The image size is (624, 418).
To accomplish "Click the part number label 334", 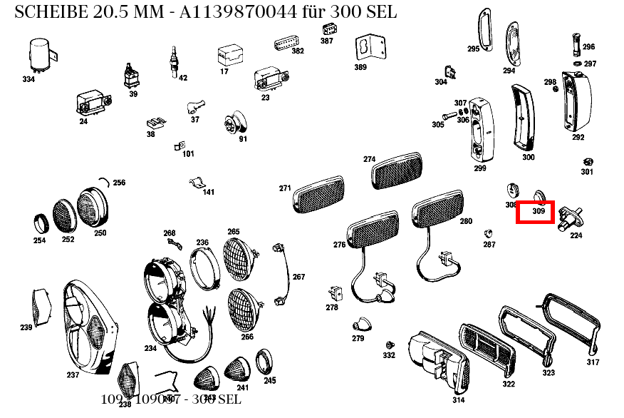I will pos(28,79).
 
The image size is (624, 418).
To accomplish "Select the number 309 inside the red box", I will pos(539,212).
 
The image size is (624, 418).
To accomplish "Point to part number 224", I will pos(576,235).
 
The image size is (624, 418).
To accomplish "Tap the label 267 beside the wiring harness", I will pos(298,277).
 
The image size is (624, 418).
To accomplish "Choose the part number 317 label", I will pos(593,362).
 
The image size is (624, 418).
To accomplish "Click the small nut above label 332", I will pos(389,345).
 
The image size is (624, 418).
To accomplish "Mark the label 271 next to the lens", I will pos(285,188).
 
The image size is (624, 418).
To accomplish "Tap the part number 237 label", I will pos(73,374).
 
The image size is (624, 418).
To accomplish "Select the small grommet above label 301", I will pos(588,162).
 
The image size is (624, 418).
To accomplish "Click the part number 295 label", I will pos(474,49).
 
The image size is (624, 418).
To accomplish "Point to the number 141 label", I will pos(208,191).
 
